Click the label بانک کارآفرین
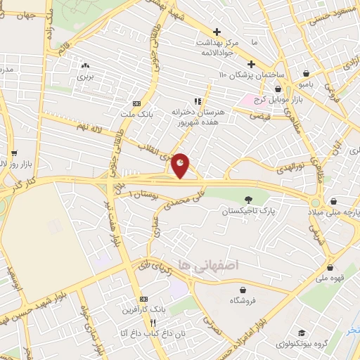click(x=144, y=309)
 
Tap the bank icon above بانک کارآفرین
click(x=144, y=298)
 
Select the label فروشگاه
click(x=243, y=300)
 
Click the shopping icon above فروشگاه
click(x=243, y=290)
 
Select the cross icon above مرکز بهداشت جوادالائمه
click(x=217, y=32)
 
